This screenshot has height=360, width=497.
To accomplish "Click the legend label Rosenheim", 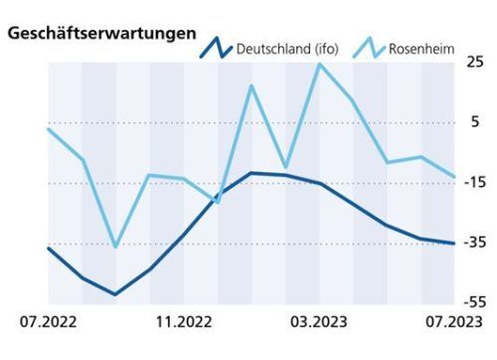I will pyautogui.click(x=422, y=48).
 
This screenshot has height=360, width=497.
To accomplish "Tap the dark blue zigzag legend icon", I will pyautogui.click(x=217, y=47).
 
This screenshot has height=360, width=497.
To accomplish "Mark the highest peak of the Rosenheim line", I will pyautogui.click(x=319, y=65).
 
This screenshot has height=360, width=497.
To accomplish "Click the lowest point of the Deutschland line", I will pyautogui.click(x=115, y=294).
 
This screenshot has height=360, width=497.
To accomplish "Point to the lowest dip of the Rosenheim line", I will pyautogui.click(x=115, y=247).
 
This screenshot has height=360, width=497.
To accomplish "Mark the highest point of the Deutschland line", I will pyautogui.click(x=251, y=173).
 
